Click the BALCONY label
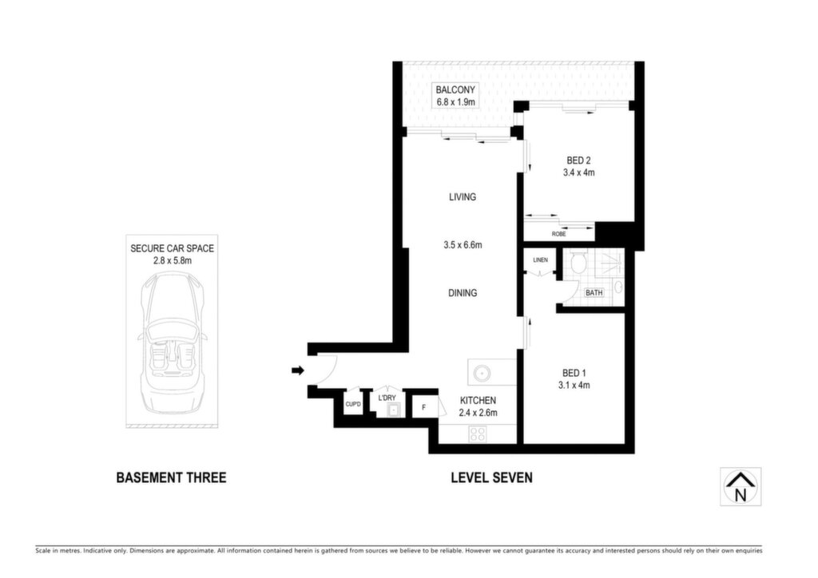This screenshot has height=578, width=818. [x=455, y=90]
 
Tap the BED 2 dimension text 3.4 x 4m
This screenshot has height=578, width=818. [x=578, y=172]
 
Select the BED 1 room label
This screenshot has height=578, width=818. [x=574, y=373]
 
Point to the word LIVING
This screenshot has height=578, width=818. [x=463, y=197]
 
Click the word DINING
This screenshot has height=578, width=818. [x=463, y=293]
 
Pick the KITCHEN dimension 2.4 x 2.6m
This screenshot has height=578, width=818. [x=478, y=413]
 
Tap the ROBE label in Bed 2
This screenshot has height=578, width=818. [x=558, y=234]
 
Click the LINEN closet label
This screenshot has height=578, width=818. [x=541, y=259]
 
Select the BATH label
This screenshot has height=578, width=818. [x=594, y=293]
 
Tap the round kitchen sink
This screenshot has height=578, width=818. [x=481, y=373]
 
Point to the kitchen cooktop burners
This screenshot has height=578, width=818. [x=478, y=433]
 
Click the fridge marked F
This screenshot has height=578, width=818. [x=423, y=407]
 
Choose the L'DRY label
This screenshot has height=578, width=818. [x=387, y=398]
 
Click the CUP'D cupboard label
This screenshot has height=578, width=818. [x=353, y=404]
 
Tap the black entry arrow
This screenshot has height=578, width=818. [x=297, y=370]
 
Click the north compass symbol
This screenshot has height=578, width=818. [x=741, y=486]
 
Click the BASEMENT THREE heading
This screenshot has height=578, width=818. [x=171, y=477]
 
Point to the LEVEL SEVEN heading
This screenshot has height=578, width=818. [x=491, y=477]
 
